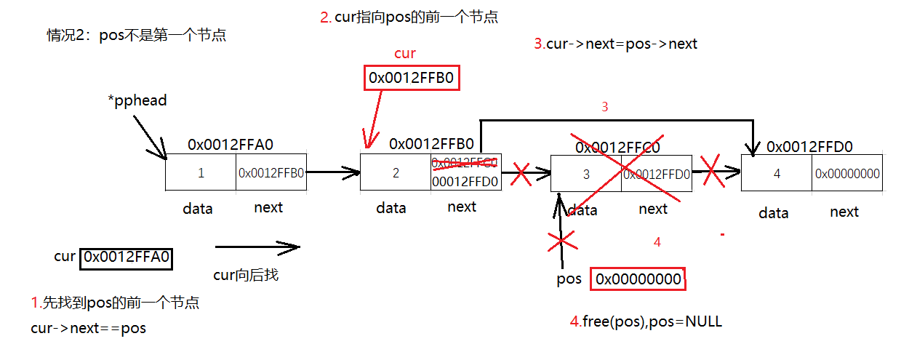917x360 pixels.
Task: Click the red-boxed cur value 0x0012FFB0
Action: click(x=412, y=78)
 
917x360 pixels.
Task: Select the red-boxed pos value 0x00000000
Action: click(x=638, y=279)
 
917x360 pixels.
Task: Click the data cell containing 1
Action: click(x=201, y=173)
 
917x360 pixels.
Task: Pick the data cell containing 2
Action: click(x=395, y=173)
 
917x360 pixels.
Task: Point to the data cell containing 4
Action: click(x=776, y=174)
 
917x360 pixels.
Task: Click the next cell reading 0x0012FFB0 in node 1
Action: click(x=271, y=173)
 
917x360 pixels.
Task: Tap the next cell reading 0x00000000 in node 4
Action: click(x=847, y=174)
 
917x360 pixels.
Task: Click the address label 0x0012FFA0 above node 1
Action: click(x=230, y=144)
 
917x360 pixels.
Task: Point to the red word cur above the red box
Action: click(x=405, y=54)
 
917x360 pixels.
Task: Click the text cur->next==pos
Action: click(x=88, y=328)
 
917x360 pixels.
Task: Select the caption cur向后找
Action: click(x=245, y=275)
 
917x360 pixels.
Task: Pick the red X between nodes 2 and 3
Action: click(x=521, y=173)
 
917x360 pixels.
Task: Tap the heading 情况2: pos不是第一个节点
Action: click(x=136, y=34)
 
